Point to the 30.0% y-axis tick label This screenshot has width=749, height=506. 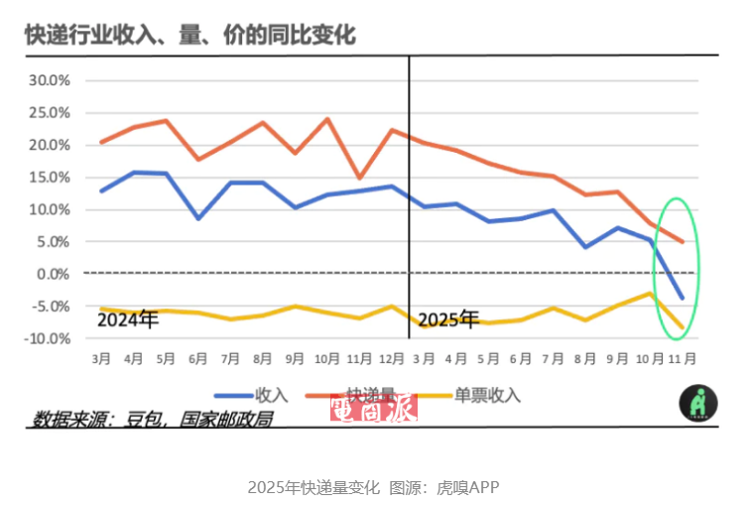pos(50,80)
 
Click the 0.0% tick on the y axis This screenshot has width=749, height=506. pos(54,274)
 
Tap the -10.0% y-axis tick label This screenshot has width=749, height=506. pos(48,338)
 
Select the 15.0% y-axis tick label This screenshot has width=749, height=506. pos(50,178)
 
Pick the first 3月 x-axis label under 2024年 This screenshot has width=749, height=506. pos(101,357)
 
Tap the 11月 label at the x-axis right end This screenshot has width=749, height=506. pos(682,357)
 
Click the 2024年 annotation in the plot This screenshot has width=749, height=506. pos(127,319)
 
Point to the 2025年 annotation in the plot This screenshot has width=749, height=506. pos(448,319)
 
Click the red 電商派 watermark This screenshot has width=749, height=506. pos(373,407)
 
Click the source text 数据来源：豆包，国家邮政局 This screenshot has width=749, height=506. pos(152,418)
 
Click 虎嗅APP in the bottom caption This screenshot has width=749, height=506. pos(467,487)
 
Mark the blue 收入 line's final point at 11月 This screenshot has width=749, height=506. pos(682,298)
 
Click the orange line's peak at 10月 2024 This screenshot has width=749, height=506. pos(327,119)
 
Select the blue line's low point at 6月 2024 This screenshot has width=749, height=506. pos(199,218)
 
